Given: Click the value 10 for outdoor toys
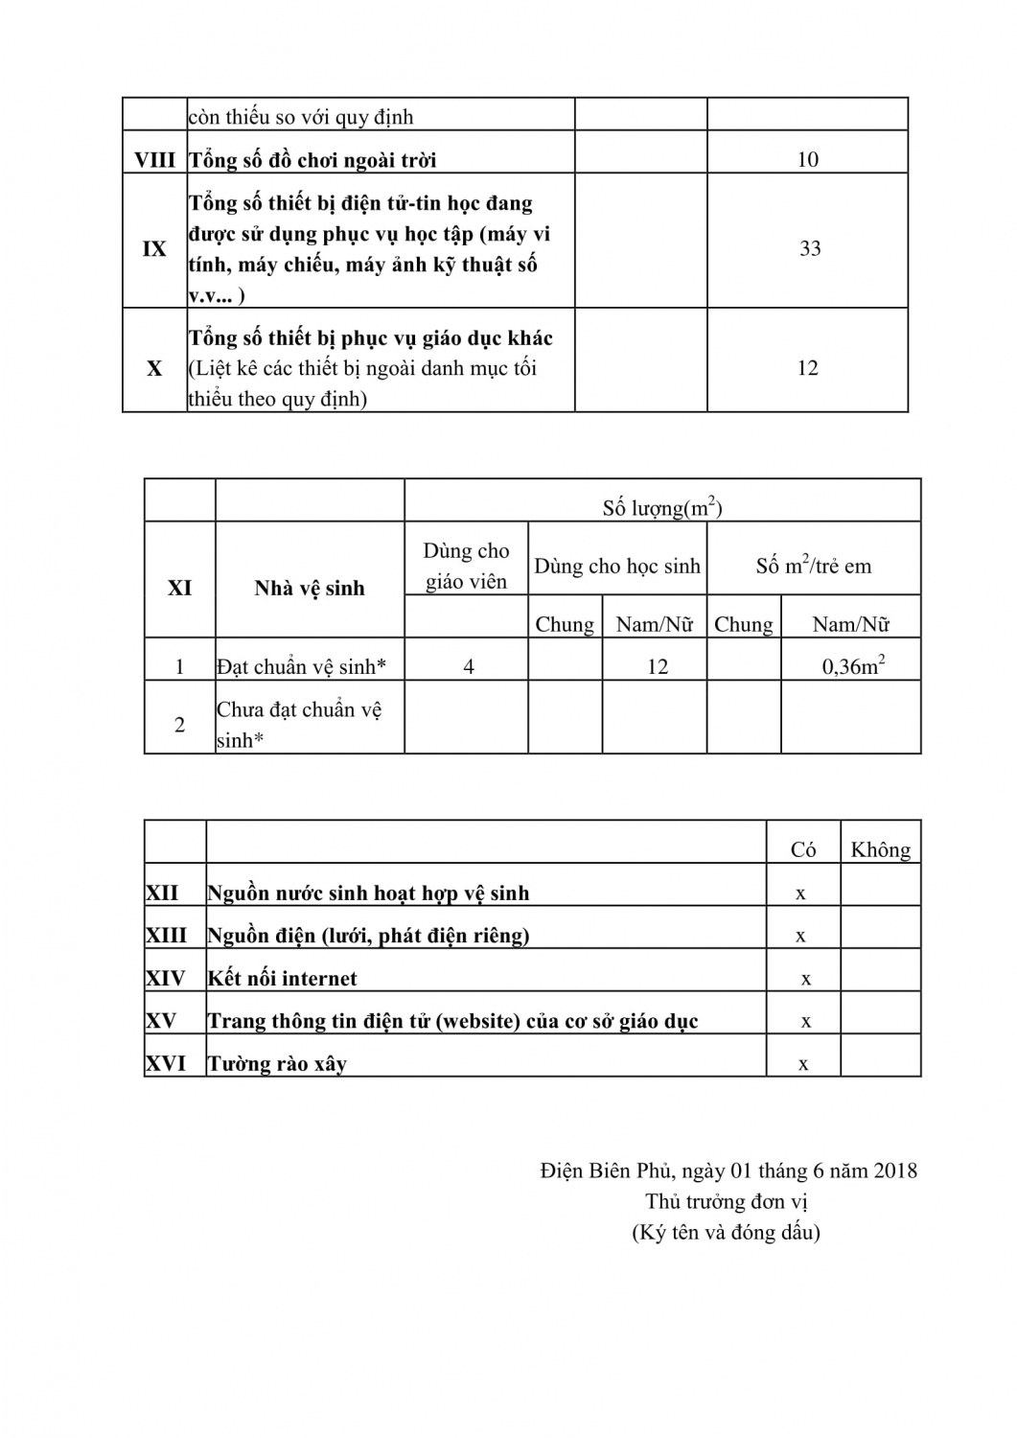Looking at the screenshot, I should [x=807, y=159].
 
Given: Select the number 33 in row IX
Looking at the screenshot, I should [x=810, y=248].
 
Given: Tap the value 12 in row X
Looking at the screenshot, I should [x=807, y=368].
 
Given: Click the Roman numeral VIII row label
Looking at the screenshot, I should [x=154, y=159].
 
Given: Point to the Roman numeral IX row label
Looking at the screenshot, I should [x=154, y=248].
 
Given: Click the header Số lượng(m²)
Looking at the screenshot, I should [x=661, y=507].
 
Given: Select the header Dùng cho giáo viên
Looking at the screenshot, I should [x=466, y=566].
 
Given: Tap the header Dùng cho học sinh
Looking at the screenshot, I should [x=616, y=566].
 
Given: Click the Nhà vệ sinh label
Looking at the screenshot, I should [x=309, y=588].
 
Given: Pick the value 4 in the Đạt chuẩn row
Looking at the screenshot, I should [x=469, y=666].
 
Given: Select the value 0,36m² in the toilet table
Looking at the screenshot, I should [x=852, y=665].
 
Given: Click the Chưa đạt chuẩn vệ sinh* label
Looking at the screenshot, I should [x=298, y=724].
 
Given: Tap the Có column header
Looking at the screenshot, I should [x=803, y=849].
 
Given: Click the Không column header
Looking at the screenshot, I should [x=880, y=849].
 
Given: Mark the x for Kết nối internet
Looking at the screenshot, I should [x=806, y=979].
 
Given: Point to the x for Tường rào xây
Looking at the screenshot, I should [x=803, y=1064].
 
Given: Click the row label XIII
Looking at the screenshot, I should [x=166, y=935].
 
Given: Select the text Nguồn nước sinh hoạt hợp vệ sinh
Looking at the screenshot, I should [x=368, y=893].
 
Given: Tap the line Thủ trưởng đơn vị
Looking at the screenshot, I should [x=726, y=1201].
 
